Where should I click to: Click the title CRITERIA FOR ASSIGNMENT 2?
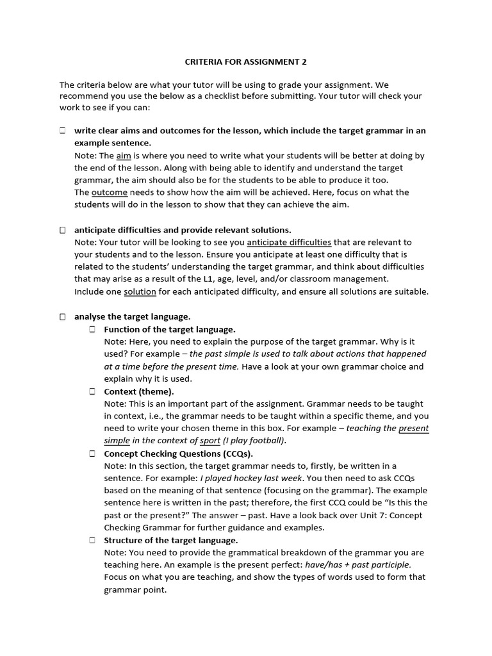[x=246, y=62]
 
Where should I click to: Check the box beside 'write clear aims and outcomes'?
[x=63, y=131]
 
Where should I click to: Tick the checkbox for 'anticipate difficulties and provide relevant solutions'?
[x=63, y=229]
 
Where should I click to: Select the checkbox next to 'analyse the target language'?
[x=63, y=316]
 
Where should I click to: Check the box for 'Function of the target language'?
[x=92, y=329]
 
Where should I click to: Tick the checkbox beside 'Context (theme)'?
[x=92, y=391]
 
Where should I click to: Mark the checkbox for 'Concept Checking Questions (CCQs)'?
[x=92, y=453]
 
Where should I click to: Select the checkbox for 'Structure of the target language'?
[x=92, y=540]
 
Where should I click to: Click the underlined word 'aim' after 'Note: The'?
[x=124, y=156]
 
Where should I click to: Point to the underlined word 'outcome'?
[x=110, y=192]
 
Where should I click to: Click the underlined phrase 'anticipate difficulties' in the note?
[x=289, y=242]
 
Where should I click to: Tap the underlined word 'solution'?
[x=140, y=291]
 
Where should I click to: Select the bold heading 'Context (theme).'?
[x=139, y=391]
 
